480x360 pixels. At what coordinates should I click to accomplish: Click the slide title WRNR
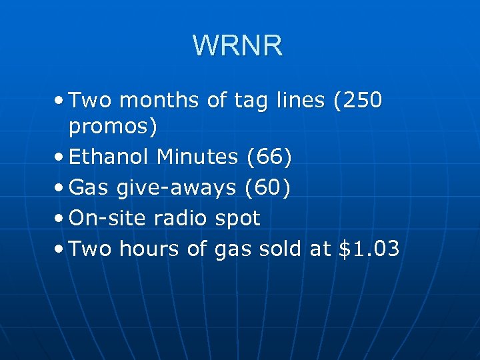[x=238, y=46]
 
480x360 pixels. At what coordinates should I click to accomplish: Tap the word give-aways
[x=176, y=188]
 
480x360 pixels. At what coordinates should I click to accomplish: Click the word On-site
[x=108, y=218]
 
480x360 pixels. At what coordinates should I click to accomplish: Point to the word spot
[x=238, y=219]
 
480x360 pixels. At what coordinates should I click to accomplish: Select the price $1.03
[x=369, y=249]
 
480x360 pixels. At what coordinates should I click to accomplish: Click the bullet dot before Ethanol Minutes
[x=61, y=158]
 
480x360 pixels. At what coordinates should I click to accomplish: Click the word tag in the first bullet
[x=248, y=101]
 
